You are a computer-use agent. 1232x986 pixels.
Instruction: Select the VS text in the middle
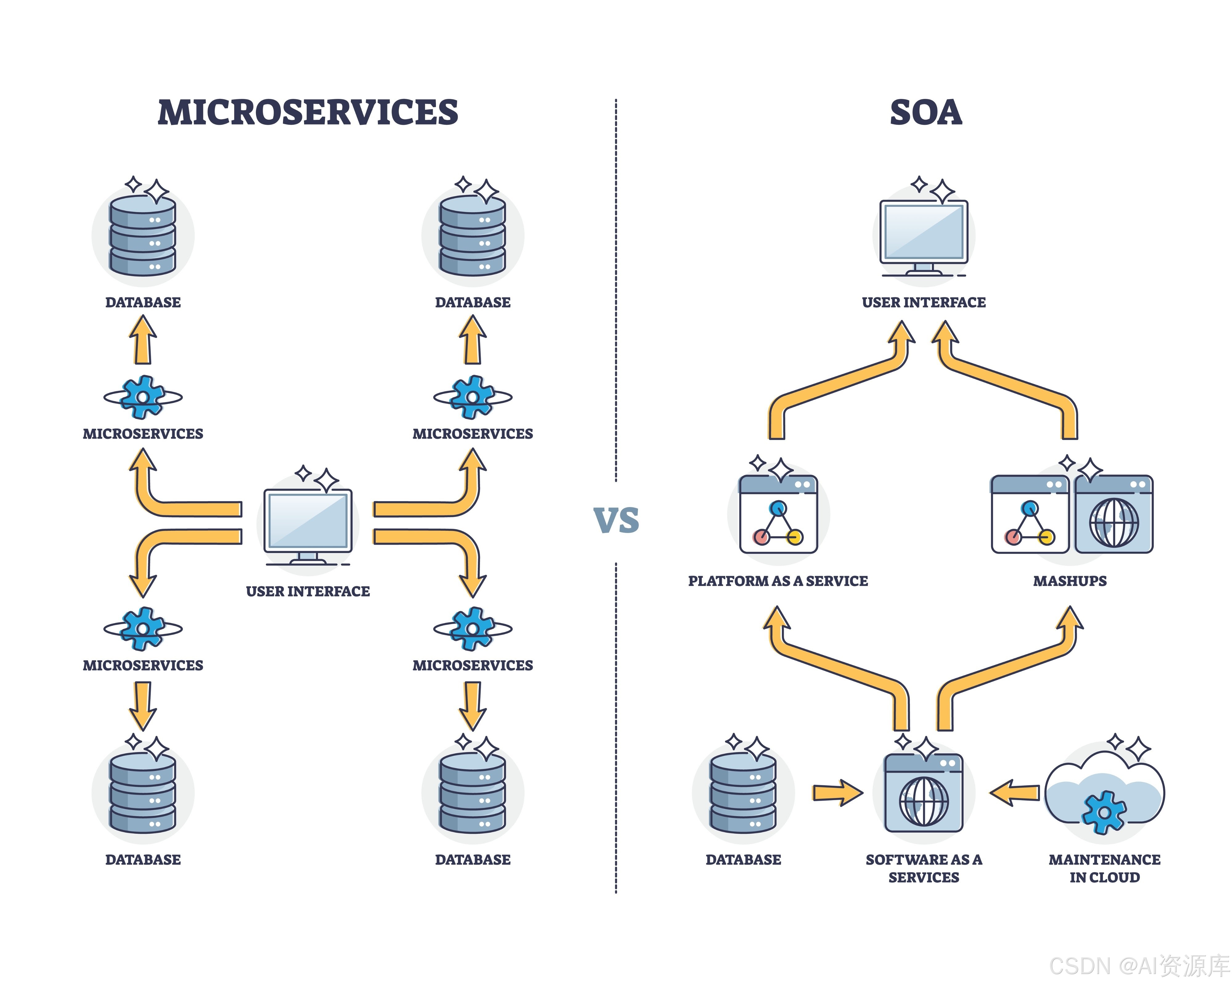click(x=616, y=520)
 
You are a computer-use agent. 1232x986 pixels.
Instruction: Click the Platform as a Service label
click(x=778, y=581)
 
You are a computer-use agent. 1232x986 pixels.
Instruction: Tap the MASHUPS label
click(x=1070, y=581)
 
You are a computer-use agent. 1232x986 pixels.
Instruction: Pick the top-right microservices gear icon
click(x=473, y=397)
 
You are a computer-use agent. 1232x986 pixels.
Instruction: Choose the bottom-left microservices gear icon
click(x=143, y=628)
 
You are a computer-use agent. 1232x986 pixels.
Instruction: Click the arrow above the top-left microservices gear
click(x=143, y=341)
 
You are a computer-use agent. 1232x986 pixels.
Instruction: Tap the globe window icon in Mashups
click(x=1114, y=514)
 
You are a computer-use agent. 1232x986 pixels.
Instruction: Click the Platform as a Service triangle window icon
click(x=778, y=514)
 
